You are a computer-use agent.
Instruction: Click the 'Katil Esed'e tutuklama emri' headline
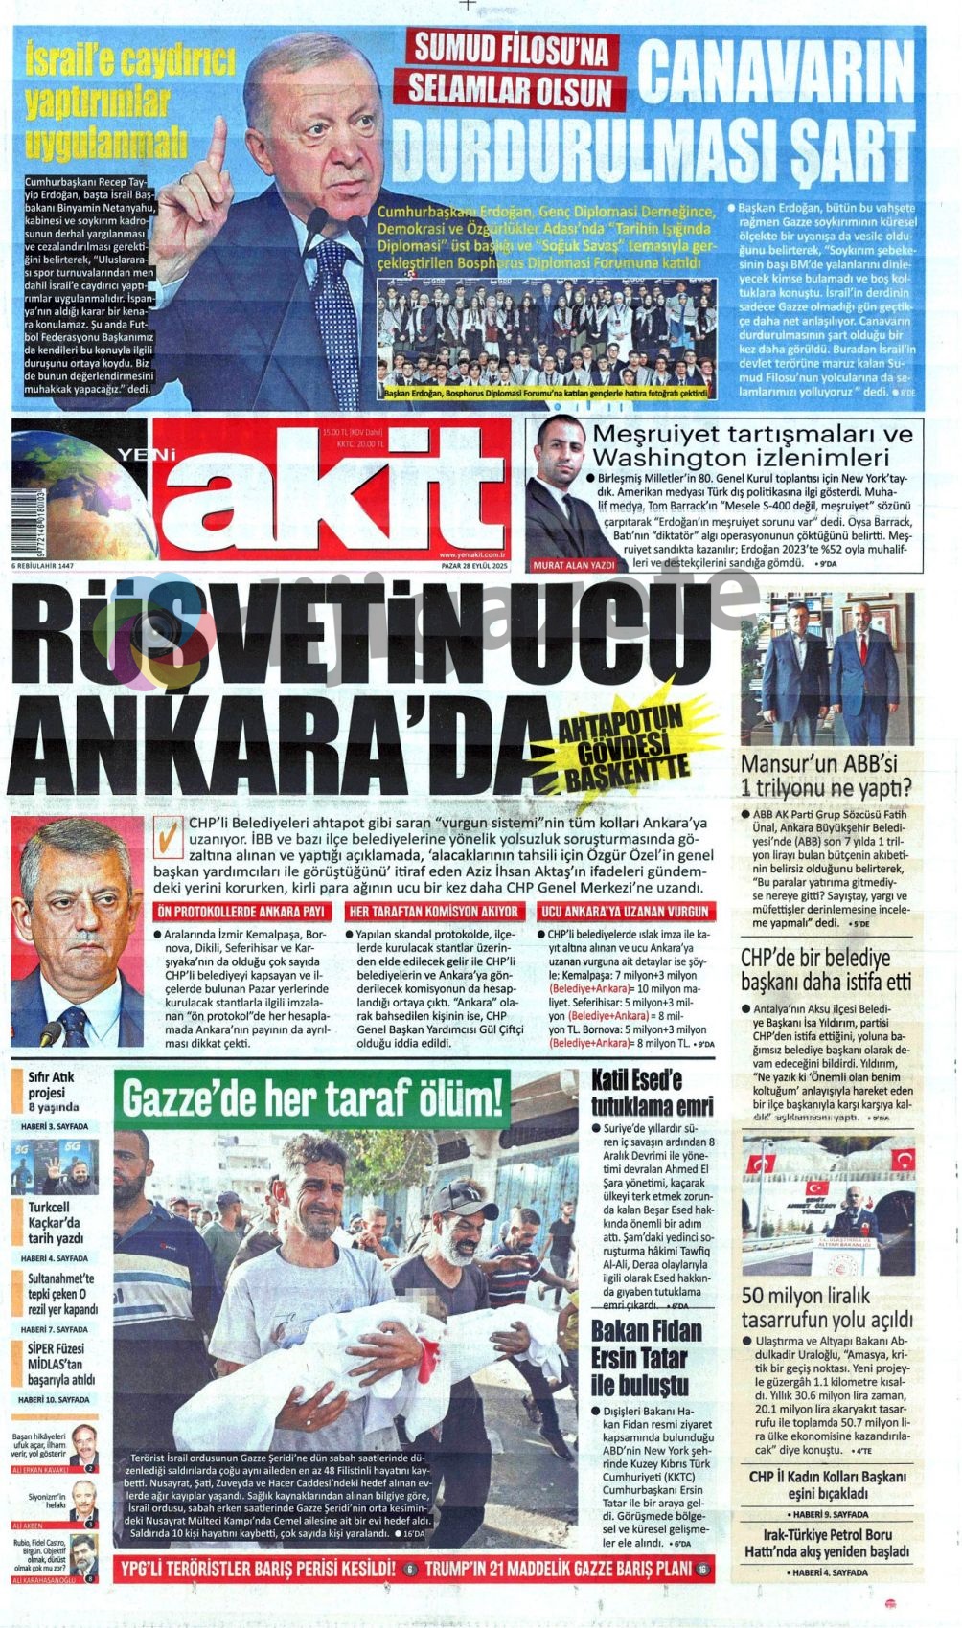652,1093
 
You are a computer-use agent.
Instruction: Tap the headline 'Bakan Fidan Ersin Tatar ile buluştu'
647,1357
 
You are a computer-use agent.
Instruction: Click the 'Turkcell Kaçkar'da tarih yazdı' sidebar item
55,1222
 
